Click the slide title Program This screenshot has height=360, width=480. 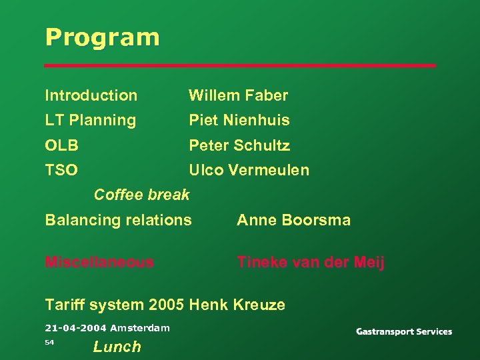[x=102, y=37]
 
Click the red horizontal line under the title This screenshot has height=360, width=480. [x=240, y=65]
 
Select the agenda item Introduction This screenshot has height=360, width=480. [x=91, y=95]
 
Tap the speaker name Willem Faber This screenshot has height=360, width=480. [x=238, y=95]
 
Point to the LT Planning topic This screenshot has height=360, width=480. [x=90, y=121]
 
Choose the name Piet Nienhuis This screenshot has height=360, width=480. [x=239, y=121]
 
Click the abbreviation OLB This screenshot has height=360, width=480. [x=61, y=145]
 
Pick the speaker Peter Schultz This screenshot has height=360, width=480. [x=239, y=145]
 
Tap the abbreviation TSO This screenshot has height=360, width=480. [x=61, y=170]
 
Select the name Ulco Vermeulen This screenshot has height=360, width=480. [x=249, y=170]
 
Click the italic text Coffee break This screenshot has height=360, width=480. [x=141, y=195]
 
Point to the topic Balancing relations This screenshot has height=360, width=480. [x=118, y=220]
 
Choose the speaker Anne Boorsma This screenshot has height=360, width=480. [x=293, y=220]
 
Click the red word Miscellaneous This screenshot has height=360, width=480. [x=99, y=262]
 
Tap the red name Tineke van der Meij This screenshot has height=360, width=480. [x=311, y=262]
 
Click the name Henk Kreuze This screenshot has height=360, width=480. [x=237, y=305]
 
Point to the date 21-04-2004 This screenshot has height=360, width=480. [x=75, y=328]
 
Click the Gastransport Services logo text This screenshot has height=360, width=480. [x=403, y=331]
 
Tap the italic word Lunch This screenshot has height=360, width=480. [x=117, y=347]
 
